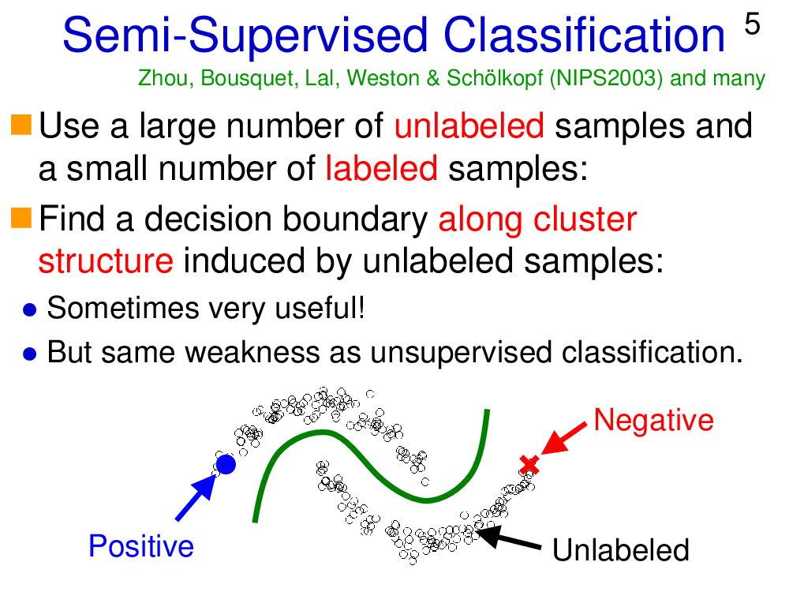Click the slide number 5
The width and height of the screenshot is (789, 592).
click(752, 25)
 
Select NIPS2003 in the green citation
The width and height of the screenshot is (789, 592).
click(609, 79)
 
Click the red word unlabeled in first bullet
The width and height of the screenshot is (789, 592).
click(469, 126)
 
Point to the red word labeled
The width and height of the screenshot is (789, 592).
click(381, 167)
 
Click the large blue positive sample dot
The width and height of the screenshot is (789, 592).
click(226, 465)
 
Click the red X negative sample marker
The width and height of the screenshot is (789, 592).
click(529, 465)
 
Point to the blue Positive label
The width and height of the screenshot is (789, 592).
click(141, 546)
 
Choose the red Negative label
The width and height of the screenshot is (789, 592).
click(653, 420)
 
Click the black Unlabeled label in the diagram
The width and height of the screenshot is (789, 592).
click(621, 550)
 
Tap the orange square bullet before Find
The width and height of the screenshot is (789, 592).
click(22, 214)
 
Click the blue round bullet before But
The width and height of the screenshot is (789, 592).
click(30, 354)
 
